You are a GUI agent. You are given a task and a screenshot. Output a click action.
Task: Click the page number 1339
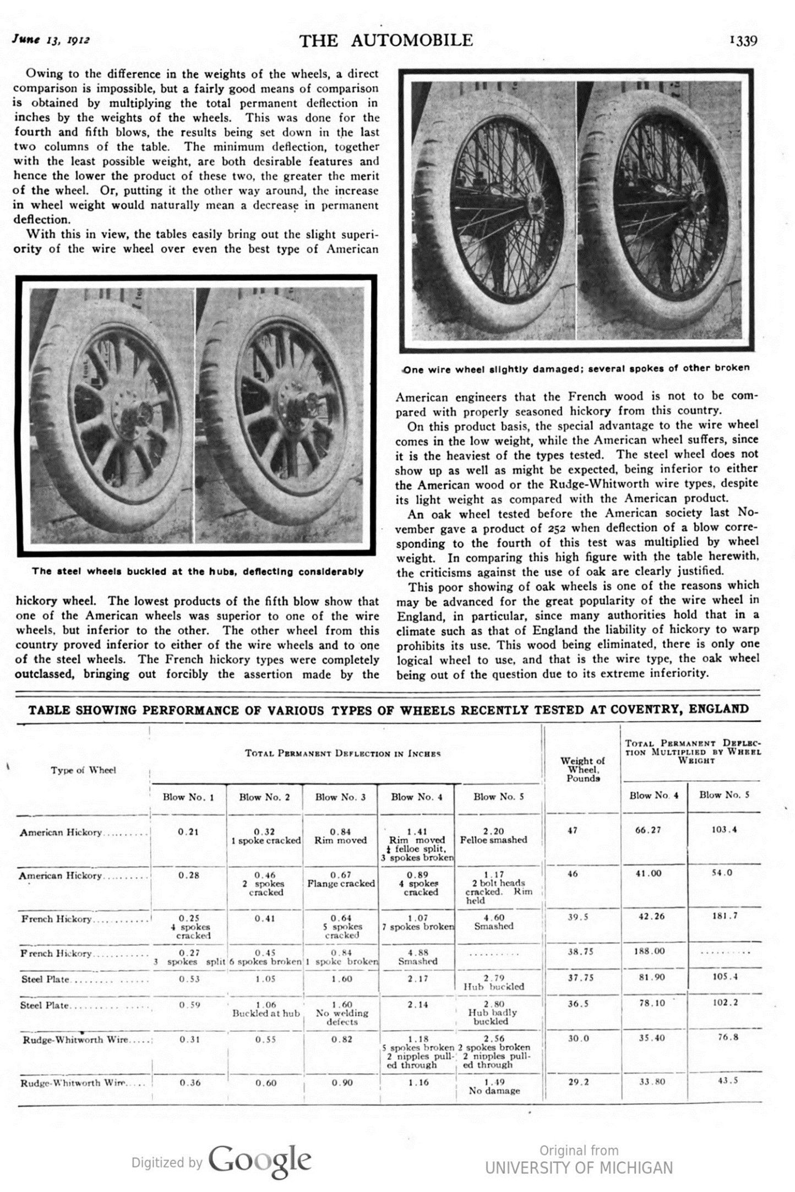click(743, 41)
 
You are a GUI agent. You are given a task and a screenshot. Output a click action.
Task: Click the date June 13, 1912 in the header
click(51, 40)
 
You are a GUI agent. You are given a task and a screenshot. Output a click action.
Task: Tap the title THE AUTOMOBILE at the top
click(386, 40)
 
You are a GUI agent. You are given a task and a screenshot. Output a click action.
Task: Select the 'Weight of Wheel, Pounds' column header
click(582, 769)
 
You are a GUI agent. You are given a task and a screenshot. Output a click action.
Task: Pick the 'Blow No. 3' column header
click(340, 797)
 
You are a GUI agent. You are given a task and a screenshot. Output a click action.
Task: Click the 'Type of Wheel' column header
click(83, 770)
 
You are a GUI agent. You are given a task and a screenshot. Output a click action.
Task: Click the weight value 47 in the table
click(572, 830)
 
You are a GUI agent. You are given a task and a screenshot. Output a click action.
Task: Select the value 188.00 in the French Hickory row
click(650, 951)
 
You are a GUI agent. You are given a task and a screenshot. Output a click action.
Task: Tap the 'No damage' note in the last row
click(494, 1090)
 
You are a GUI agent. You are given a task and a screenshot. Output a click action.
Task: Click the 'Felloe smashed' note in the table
click(493, 840)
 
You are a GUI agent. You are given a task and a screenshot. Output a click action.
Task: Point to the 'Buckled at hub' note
click(265, 1013)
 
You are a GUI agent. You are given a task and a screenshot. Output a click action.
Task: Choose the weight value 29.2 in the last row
click(578, 1082)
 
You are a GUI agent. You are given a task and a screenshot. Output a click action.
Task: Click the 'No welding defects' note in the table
click(341, 1017)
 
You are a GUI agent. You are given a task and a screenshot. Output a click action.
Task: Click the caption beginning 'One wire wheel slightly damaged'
click(576, 368)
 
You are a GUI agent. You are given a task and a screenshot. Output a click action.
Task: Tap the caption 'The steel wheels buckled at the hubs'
click(197, 571)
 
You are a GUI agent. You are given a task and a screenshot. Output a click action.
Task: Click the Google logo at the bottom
click(260, 1159)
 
